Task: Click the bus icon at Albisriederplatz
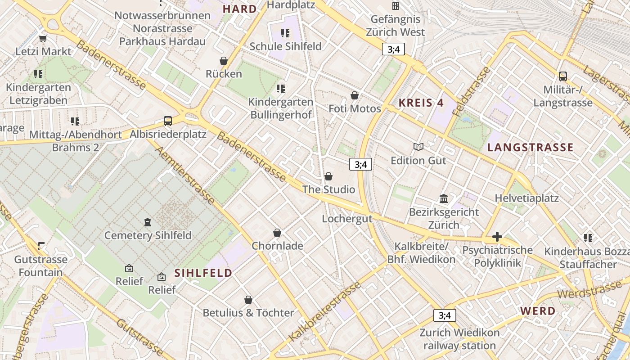[x=168, y=121]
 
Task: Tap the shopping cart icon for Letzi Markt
[x=43, y=38]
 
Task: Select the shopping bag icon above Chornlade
[x=277, y=233]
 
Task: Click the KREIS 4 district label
[x=421, y=103]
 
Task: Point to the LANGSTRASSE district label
[x=531, y=147]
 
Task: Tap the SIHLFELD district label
[x=203, y=273]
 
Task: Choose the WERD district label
[x=538, y=311]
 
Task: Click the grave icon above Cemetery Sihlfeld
[x=147, y=222]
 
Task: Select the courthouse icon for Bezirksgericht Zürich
[x=444, y=198]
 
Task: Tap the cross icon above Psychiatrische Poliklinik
[x=497, y=237]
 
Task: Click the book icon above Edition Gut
[x=418, y=147]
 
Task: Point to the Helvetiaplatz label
[x=526, y=198]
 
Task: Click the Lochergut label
[x=347, y=219]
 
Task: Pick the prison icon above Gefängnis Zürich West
[x=396, y=6]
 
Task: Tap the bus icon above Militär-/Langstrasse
[x=562, y=76]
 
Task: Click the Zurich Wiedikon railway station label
[x=459, y=339]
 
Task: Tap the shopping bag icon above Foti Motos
[x=355, y=95]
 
